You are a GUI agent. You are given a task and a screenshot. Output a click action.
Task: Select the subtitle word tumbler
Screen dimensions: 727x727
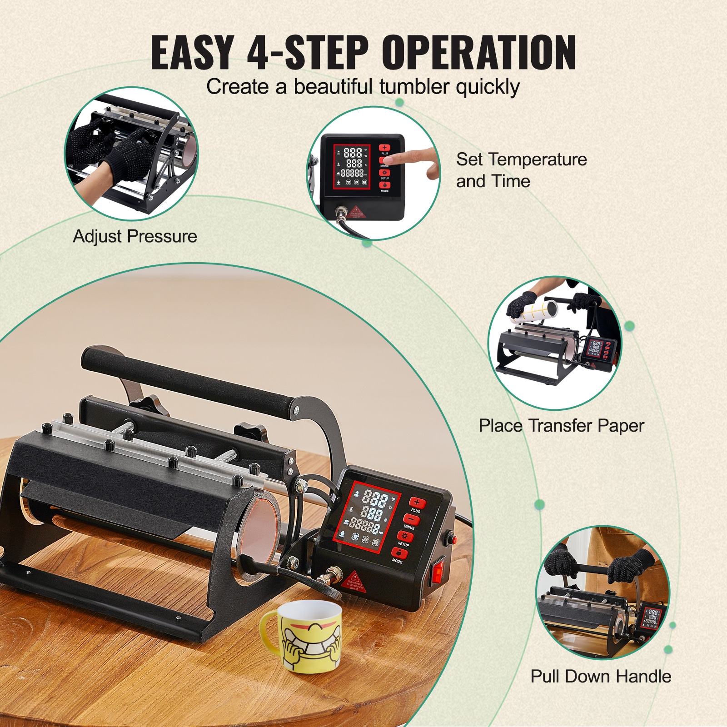415,87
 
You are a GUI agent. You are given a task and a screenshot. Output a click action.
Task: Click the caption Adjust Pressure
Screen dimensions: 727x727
135,236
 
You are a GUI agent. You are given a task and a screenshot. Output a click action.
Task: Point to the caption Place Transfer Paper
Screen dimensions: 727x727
561,426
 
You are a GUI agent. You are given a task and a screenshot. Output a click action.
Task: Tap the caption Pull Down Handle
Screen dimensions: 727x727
601,676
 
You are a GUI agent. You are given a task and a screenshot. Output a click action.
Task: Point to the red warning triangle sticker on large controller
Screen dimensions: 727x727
355,580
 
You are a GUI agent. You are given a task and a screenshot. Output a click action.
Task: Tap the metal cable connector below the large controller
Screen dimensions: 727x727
328,577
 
